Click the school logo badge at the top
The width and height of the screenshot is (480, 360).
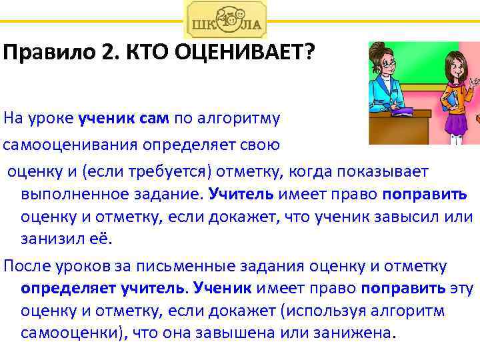(x=225, y=20)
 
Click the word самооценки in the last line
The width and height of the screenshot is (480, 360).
(x=61, y=333)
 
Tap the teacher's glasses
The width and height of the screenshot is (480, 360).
(x=397, y=62)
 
